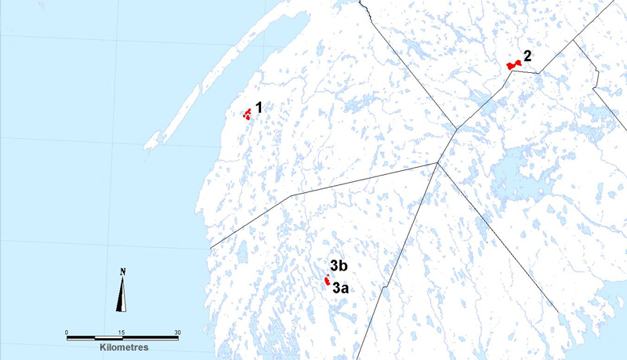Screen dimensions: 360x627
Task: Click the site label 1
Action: coord(260,107)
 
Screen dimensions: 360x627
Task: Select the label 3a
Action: coord(340,289)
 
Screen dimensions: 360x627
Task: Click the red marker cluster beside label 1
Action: coord(247,115)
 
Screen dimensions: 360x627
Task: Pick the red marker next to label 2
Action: coord(513,65)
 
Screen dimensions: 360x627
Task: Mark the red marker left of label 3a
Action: coord(326,280)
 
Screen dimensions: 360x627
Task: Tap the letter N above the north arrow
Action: coord(123,272)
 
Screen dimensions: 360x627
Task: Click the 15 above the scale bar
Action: coord(122,332)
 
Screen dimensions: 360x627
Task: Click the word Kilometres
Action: coord(124,346)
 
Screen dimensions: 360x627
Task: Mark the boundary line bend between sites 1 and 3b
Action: coord(292,195)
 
